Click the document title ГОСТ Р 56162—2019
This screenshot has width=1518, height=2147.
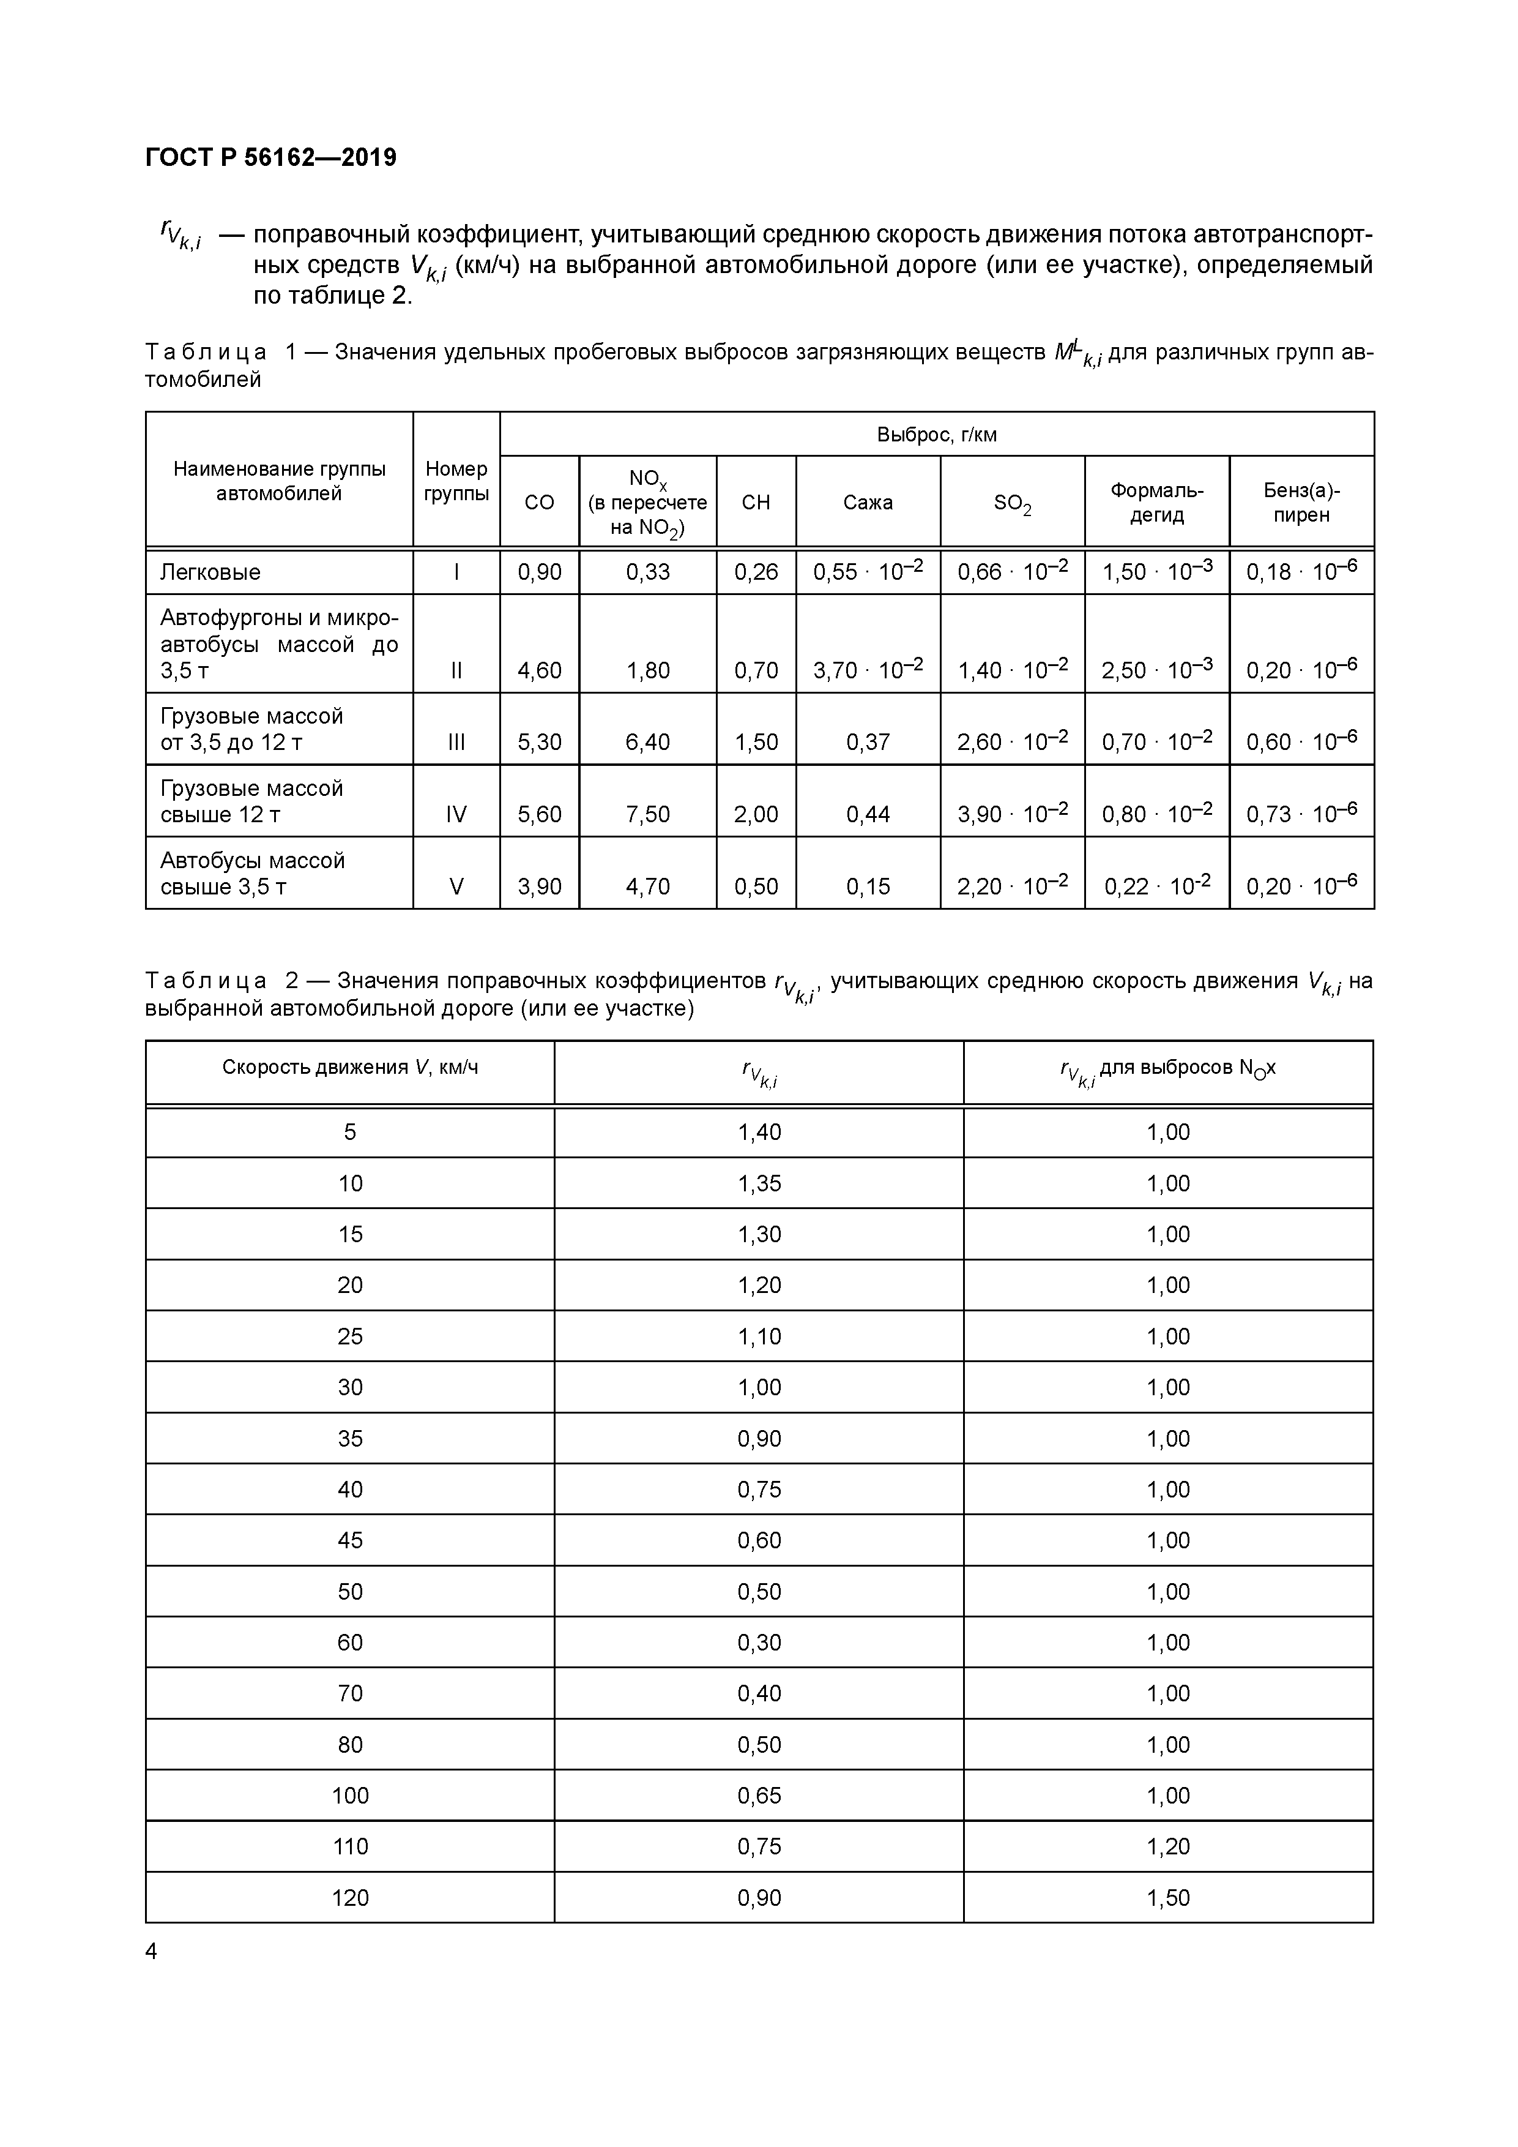271,157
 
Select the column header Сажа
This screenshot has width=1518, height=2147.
868,502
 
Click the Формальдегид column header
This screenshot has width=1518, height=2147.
1156,502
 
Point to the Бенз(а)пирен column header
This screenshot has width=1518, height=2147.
1301,502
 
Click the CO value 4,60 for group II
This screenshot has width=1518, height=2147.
539,670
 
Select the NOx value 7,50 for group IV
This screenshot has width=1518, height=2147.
648,814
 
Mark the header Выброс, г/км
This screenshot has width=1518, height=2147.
937,435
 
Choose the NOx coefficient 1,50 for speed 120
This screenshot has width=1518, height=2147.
1169,1897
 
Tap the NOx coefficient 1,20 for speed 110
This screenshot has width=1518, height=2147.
1169,1846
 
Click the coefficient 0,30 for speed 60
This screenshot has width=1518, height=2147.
759,1642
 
